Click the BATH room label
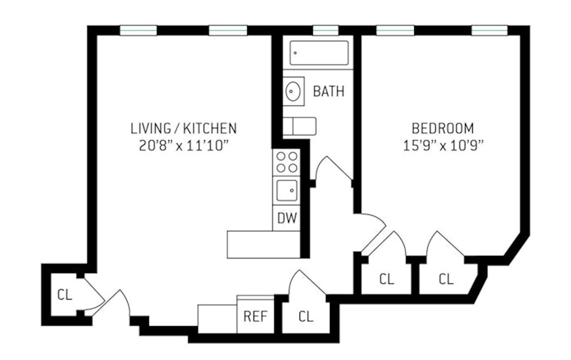click(x=329, y=91)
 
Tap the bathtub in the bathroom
click(x=319, y=53)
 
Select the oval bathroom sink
click(x=293, y=91)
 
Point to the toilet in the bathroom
click(x=300, y=126)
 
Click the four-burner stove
click(x=286, y=162)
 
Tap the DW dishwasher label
click(x=286, y=218)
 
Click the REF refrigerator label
click(x=255, y=316)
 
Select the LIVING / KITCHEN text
click(x=183, y=129)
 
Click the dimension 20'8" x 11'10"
click(x=183, y=146)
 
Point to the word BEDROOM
click(x=442, y=129)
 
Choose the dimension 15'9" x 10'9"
click(x=442, y=146)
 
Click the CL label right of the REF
click(x=305, y=316)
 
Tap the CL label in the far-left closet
click(x=64, y=295)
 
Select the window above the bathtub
click(x=326, y=30)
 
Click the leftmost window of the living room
click(x=138, y=30)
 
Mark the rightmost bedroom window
click(x=489, y=30)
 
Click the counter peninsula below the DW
click(x=264, y=244)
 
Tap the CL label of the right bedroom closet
click(x=446, y=279)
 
